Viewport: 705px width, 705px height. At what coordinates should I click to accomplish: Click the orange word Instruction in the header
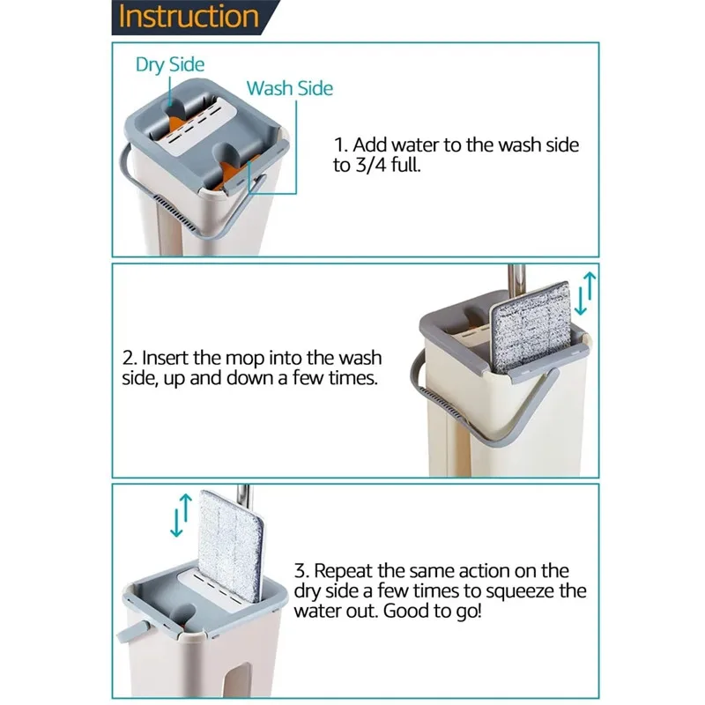tap(189, 17)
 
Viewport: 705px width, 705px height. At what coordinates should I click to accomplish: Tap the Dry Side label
tap(170, 64)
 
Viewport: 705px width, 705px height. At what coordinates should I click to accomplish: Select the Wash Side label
tap(290, 88)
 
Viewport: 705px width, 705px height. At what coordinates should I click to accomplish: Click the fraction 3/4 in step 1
tap(370, 165)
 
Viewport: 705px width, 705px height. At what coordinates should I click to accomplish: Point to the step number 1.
tap(340, 145)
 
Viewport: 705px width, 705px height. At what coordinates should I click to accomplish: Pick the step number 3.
tap(301, 571)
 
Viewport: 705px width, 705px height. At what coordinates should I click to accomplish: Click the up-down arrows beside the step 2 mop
tap(585, 293)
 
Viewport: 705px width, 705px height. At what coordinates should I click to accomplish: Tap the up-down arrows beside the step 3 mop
tap(182, 516)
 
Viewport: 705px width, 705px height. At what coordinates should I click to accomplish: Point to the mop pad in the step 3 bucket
tap(231, 545)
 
